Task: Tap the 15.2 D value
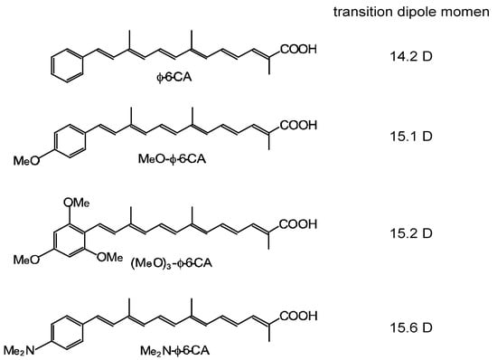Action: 421,233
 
